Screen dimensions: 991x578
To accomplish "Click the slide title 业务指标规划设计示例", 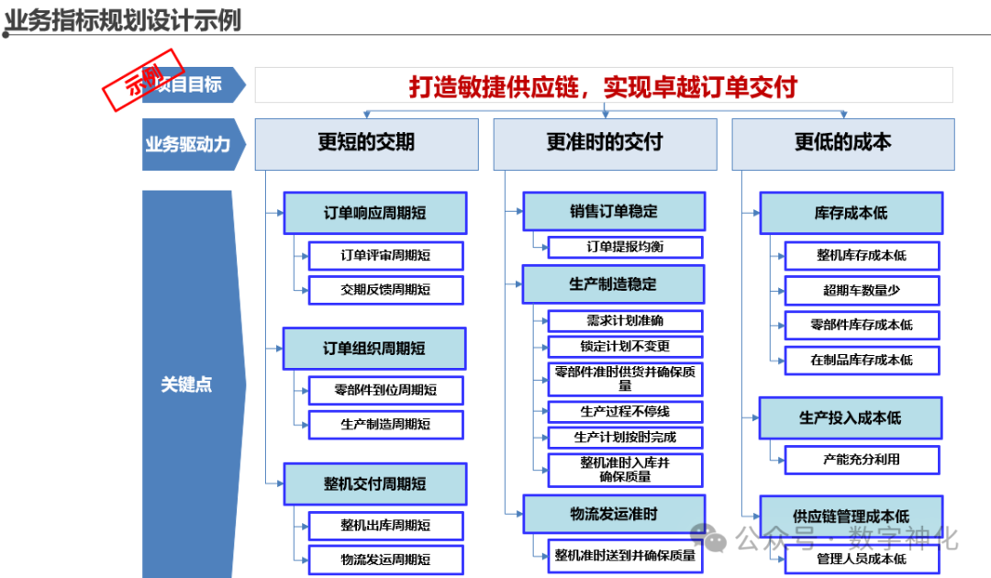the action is click(x=124, y=19).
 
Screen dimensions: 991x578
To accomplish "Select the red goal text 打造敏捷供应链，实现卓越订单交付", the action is click(x=603, y=86).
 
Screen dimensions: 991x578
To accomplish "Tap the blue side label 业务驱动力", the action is click(x=188, y=144).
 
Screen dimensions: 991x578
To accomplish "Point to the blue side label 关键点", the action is click(x=186, y=384).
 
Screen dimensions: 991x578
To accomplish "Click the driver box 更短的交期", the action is click(x=366, y=142).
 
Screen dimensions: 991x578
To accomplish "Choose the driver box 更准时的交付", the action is click(x=605, y=142).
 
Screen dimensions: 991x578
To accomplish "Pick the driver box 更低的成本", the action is click(x=842, y=142).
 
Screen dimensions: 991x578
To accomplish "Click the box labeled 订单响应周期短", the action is click(x=374, y=213).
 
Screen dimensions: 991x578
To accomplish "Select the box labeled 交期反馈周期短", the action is click(x=385, y=290).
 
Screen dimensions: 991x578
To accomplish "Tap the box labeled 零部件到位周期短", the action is click(x=385, y=390).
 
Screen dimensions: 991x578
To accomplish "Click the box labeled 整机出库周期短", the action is click(x=385, y=526).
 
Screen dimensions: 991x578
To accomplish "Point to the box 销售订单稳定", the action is click(x=614, y=211).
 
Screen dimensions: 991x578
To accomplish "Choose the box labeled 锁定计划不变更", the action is click(x=625, y=347).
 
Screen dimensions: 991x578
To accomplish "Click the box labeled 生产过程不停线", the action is click(x=625, y=411).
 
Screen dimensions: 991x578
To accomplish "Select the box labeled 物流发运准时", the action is click(x=614, y=514).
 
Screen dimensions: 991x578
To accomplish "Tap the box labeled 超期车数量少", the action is click(x=862, y=290).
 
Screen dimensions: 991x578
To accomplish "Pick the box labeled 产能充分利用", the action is click(x=862, y=459).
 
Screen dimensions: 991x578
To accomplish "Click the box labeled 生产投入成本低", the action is click(x=851, y=418).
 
